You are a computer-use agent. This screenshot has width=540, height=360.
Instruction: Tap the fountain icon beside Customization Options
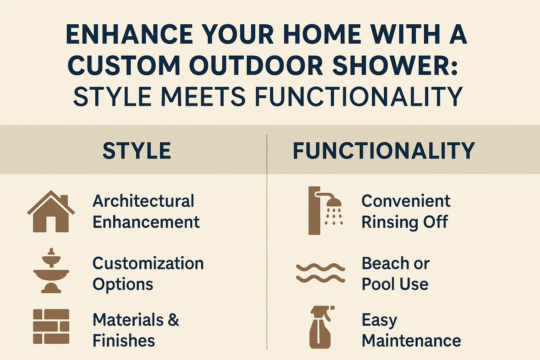pos(51,271)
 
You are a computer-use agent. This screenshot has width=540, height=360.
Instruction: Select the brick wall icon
pos(51,326)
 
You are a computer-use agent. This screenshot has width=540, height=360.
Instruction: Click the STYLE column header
pos(137,151)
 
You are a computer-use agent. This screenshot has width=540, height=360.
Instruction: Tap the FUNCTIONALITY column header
pos(384,151)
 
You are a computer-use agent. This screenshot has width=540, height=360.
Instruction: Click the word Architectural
pos(143,201)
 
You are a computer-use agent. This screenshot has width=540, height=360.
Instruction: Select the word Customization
pos(148,263)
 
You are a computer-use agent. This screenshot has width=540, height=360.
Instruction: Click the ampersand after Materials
pos(173,320)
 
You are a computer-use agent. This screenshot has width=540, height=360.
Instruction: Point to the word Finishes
pos(124,341)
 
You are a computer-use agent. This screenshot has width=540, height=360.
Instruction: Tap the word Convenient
pos(406,201)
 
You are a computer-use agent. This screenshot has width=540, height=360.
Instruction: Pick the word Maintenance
pos(411,341)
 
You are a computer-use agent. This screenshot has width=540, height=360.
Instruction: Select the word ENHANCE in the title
pos(129,34)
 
